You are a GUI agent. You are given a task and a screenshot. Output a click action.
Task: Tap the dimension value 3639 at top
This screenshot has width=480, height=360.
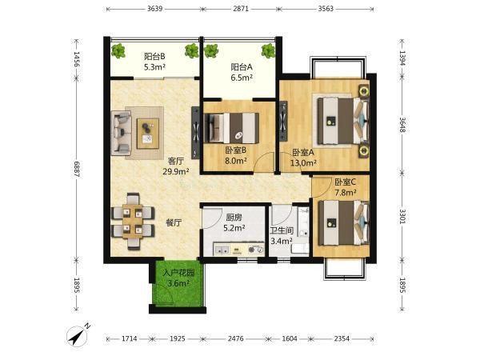154,9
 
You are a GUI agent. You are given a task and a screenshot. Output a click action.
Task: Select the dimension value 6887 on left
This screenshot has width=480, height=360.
77,170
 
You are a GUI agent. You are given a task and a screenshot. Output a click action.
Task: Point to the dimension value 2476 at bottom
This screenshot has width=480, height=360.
236,338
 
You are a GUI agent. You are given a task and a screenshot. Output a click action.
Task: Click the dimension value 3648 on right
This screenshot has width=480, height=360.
402,125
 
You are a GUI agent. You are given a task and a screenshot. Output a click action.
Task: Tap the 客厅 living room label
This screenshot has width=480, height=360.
176,161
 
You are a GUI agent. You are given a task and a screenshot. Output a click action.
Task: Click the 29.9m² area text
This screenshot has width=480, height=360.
176,171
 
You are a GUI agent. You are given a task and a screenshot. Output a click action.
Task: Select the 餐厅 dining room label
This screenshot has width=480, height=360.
174,222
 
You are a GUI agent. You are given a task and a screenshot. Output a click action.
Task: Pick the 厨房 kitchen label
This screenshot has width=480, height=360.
234,218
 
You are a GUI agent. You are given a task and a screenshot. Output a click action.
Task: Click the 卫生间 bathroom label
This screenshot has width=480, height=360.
282,230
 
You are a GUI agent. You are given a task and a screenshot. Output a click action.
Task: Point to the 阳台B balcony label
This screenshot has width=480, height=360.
154,56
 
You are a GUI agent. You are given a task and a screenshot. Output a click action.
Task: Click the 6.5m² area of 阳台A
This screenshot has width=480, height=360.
242,78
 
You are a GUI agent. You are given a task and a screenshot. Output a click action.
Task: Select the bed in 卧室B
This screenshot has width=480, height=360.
232,128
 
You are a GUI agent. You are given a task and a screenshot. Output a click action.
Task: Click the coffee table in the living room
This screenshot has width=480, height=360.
148,134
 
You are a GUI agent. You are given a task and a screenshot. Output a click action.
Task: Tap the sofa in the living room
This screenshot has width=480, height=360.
122,134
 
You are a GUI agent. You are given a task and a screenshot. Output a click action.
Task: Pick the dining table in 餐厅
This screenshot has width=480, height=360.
133,222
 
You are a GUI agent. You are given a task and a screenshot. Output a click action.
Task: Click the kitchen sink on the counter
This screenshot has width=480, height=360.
222,250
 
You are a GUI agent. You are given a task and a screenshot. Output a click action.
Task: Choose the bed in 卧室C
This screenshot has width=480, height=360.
344,223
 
